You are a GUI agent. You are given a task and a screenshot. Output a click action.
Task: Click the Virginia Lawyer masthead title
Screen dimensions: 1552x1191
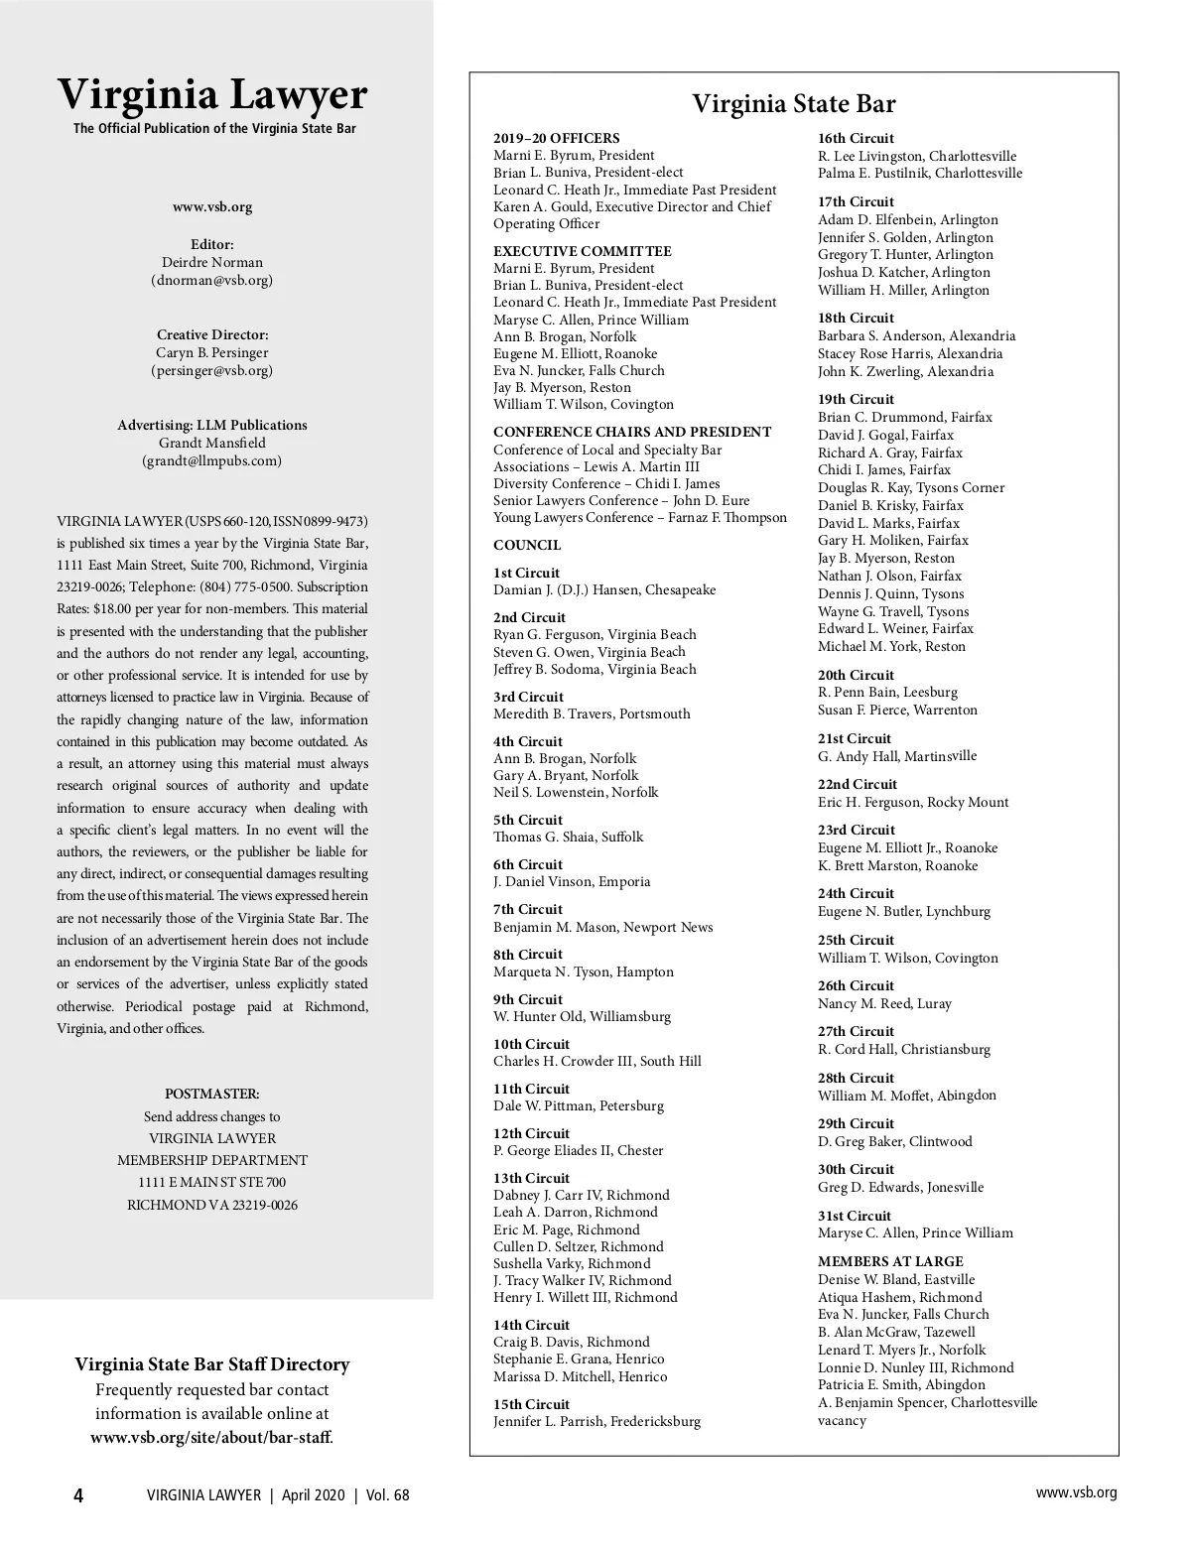click(x=212, y=95)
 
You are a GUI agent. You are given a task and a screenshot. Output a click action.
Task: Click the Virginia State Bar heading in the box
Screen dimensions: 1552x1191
click(x=793, y=104)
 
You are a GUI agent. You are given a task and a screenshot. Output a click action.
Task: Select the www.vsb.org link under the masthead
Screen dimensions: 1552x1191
click(x=212, y=207)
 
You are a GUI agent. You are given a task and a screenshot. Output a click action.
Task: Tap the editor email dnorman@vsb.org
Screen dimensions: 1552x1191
click(x=212, y=281)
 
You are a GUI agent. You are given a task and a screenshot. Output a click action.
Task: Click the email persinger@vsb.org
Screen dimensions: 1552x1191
click(x=212, y=371)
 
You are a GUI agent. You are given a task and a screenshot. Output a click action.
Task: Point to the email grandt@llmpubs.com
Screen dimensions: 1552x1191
click(x=212, y=461)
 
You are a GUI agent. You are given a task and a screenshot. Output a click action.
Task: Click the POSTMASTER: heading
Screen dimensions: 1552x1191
click(x=212, y=1095)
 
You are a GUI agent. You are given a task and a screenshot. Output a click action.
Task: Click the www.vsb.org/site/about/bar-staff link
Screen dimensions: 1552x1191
click(x=211, y=1437)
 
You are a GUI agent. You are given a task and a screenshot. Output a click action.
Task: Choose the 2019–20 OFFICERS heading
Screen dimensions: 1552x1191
click(x=556, y=139)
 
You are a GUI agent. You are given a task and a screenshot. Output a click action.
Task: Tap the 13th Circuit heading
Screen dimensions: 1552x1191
click(x=531, y=1178)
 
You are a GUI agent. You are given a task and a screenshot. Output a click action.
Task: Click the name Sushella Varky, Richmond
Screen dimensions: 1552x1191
click(x=572, y=1264)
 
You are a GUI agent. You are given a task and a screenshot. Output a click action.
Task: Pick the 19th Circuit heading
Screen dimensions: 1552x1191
click(x=856, y=400)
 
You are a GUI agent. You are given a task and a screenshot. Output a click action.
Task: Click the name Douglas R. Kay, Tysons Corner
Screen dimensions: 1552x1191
click(x=911, y=488)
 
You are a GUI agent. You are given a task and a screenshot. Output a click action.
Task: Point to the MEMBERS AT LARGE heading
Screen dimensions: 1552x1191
click(x=876, y=1262)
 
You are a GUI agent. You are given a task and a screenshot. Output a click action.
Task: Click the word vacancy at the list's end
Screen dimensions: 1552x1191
click(x=842, y=1421)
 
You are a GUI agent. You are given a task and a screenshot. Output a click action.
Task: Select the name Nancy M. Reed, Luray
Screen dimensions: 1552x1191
click(x=884, y=1004)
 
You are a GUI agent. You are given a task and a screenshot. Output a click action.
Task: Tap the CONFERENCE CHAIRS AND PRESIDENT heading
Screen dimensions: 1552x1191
click(x=632, y=433)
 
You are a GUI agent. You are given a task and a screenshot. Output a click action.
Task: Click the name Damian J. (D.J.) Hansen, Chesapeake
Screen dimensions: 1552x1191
click(x=604, y=590)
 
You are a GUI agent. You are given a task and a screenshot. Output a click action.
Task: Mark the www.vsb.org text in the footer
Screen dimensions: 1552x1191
click(x=1076, y=1493)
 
